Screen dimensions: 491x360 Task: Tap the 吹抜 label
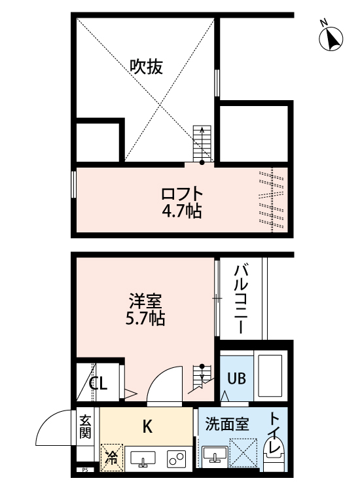coord(145,67)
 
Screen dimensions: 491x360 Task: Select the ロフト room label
coord(182,194)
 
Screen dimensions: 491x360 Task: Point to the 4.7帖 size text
coord(182,211)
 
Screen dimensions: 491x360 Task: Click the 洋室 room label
coord(145,302)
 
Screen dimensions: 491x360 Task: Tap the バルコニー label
coord(240,298)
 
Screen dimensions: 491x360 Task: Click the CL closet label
coord(98,384)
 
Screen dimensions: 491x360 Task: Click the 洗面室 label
coord(226,424)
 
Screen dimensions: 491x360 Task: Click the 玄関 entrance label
coord(86,427)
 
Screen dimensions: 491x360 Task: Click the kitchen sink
coord(143,459)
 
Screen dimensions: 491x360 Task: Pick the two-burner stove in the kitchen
coord(175,458)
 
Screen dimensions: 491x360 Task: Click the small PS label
coord(84,469)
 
